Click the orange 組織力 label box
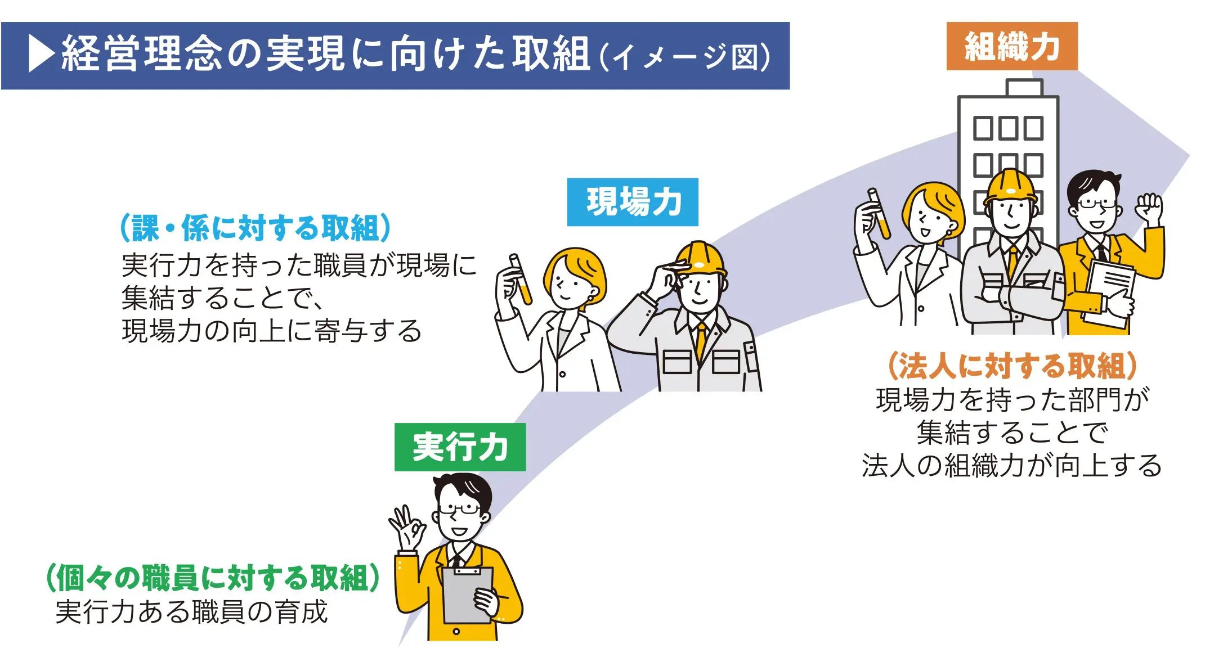pos(1011,46)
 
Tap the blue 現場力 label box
pos(632,202)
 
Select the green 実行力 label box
pos(460,447)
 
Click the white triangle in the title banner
pos(41,54)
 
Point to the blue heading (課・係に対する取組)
pos(256,228)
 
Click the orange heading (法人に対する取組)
pos(1011,366)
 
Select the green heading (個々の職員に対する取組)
pos(213,578)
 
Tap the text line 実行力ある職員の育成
pos(191,612)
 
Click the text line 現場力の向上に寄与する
pos(271,331)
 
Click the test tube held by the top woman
pos(879,214)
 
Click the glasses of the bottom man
pos(459,510)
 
